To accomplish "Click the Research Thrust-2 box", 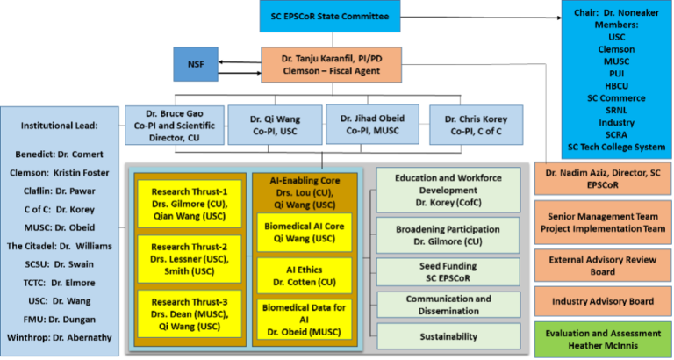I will click(x=190, y=254).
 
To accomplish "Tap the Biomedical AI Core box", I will click(x=292, y=233).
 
